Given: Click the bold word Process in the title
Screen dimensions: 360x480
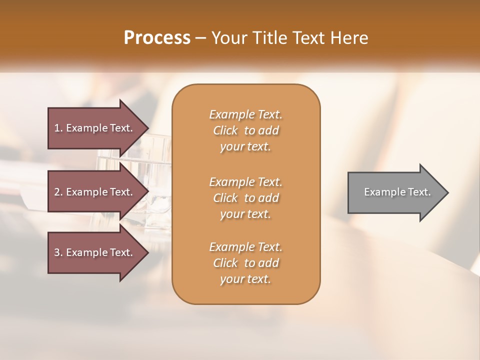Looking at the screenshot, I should click(157, 38).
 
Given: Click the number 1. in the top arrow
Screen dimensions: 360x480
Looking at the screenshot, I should click(58, 128).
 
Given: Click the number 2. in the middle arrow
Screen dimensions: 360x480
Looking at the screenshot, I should click(58, 192).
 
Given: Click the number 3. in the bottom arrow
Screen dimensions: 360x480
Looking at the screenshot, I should click(58, 252).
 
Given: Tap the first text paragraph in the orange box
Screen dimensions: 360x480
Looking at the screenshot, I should click(245, 130).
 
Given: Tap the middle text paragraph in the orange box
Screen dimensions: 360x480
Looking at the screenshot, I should click(245, 197).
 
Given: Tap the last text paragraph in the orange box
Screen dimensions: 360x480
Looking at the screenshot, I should click(245, 263).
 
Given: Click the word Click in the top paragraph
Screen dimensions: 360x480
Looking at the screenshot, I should click(225, 130).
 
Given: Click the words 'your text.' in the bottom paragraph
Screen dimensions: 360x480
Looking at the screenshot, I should click(245, 279).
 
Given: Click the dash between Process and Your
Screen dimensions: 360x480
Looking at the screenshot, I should click(201, 38).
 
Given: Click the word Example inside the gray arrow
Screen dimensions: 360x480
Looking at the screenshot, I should click(381, 192).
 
